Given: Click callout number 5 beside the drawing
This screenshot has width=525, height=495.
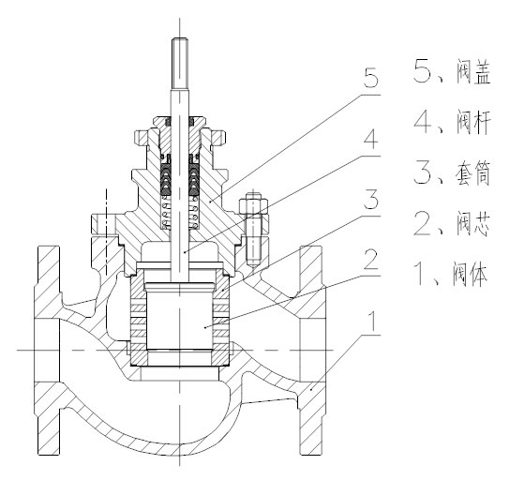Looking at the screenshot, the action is point(370,78).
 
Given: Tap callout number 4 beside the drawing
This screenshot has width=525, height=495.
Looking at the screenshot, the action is point(370,140).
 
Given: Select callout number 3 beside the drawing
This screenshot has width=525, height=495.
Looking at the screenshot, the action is point(370,199).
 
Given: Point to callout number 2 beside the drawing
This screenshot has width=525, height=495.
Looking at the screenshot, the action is point(370,259).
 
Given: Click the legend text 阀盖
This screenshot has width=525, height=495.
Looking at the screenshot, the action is point(473,73).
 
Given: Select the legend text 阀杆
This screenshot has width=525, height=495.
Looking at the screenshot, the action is point(473,123).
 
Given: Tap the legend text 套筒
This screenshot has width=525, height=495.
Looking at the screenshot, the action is point(473,173).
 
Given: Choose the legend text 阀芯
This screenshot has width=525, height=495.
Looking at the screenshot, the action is point(473,224).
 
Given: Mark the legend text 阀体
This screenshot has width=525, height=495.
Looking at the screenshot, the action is point(470,274).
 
